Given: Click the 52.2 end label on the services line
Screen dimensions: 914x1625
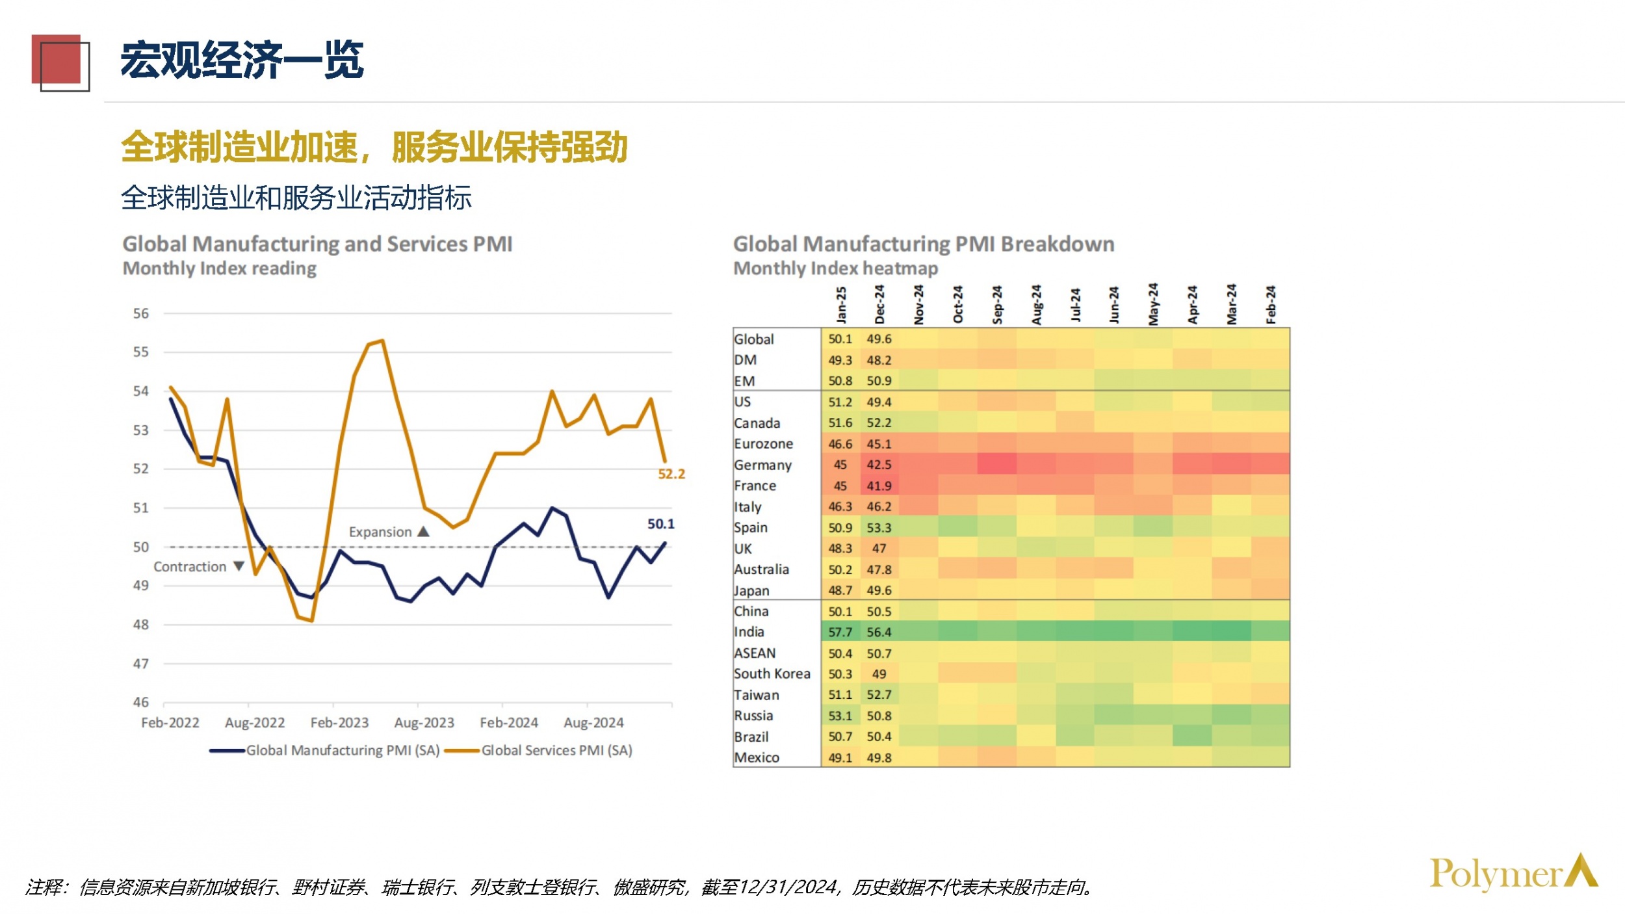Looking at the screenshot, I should [x=671, y=474].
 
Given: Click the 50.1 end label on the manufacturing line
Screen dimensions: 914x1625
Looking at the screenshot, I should [x=660, y=524].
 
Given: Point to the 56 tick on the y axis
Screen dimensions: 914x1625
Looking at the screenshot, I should [x=141, y=313].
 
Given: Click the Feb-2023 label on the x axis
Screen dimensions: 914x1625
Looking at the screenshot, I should [x=339, y=723].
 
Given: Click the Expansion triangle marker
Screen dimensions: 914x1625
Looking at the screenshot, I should [x=424, y=531].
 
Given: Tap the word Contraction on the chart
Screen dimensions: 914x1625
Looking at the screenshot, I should [x=190, y=567].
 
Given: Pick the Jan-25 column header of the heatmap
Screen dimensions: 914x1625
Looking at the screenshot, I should [x=841, y=305].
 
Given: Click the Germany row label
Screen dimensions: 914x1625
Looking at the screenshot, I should [x=762, y=465].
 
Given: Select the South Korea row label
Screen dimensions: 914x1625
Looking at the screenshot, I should [x=772, y=673].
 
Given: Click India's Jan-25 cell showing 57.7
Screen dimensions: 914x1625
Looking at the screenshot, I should [x=840, y=632].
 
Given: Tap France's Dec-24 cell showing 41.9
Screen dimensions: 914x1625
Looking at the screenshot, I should [x=879, y=486].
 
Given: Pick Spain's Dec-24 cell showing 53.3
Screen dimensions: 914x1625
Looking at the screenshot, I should [x=879, y=527].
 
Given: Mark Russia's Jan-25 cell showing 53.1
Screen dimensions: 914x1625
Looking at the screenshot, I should [x=840, y=716].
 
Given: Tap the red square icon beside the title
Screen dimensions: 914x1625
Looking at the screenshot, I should [x=58, y=61].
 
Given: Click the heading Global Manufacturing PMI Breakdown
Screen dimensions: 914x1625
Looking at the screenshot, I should [x=924, y=244].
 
